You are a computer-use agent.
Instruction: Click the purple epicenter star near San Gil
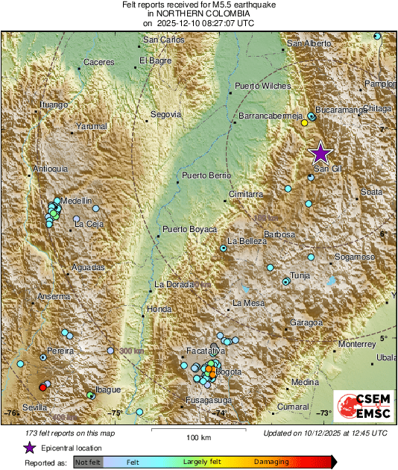320,153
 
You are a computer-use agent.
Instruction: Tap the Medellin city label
76,201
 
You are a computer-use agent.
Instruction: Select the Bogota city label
228,372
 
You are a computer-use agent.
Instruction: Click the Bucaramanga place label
341,110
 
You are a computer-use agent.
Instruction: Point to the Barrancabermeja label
269,116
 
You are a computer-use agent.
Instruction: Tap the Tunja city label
300,275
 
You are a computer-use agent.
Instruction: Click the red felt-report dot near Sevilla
42,386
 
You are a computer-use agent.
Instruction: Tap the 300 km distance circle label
130,351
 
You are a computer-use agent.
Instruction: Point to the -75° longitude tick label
116,413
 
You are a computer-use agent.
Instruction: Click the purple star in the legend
29,448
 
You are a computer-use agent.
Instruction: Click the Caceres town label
98,62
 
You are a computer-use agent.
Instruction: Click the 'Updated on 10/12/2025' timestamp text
325,433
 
